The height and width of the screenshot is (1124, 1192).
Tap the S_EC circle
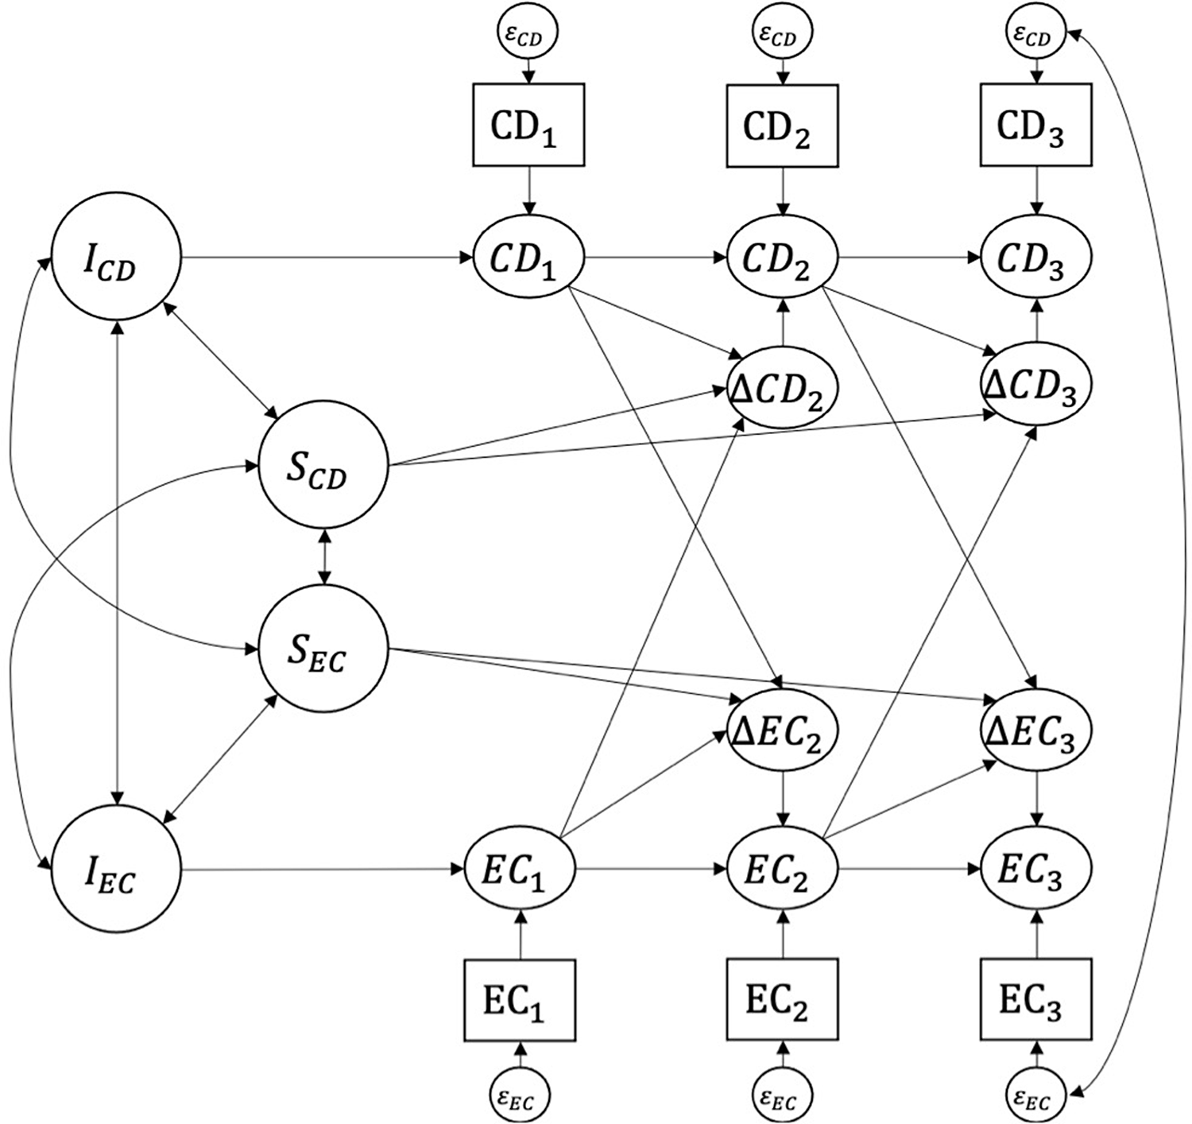coord(323,650)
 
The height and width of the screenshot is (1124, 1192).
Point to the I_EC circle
coord(116,870)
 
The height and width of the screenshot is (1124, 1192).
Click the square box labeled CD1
coord(528,125)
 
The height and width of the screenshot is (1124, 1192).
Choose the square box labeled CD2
coord(783,125)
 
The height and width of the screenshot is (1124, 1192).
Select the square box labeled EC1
coord(520,1000)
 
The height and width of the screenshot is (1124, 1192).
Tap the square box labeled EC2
coord(783,1000)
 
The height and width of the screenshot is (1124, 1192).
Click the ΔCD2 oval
coord(782,388)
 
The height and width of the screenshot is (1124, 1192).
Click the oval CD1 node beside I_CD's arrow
coord(528,258)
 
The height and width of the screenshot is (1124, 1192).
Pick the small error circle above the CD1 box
coord(528,33)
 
